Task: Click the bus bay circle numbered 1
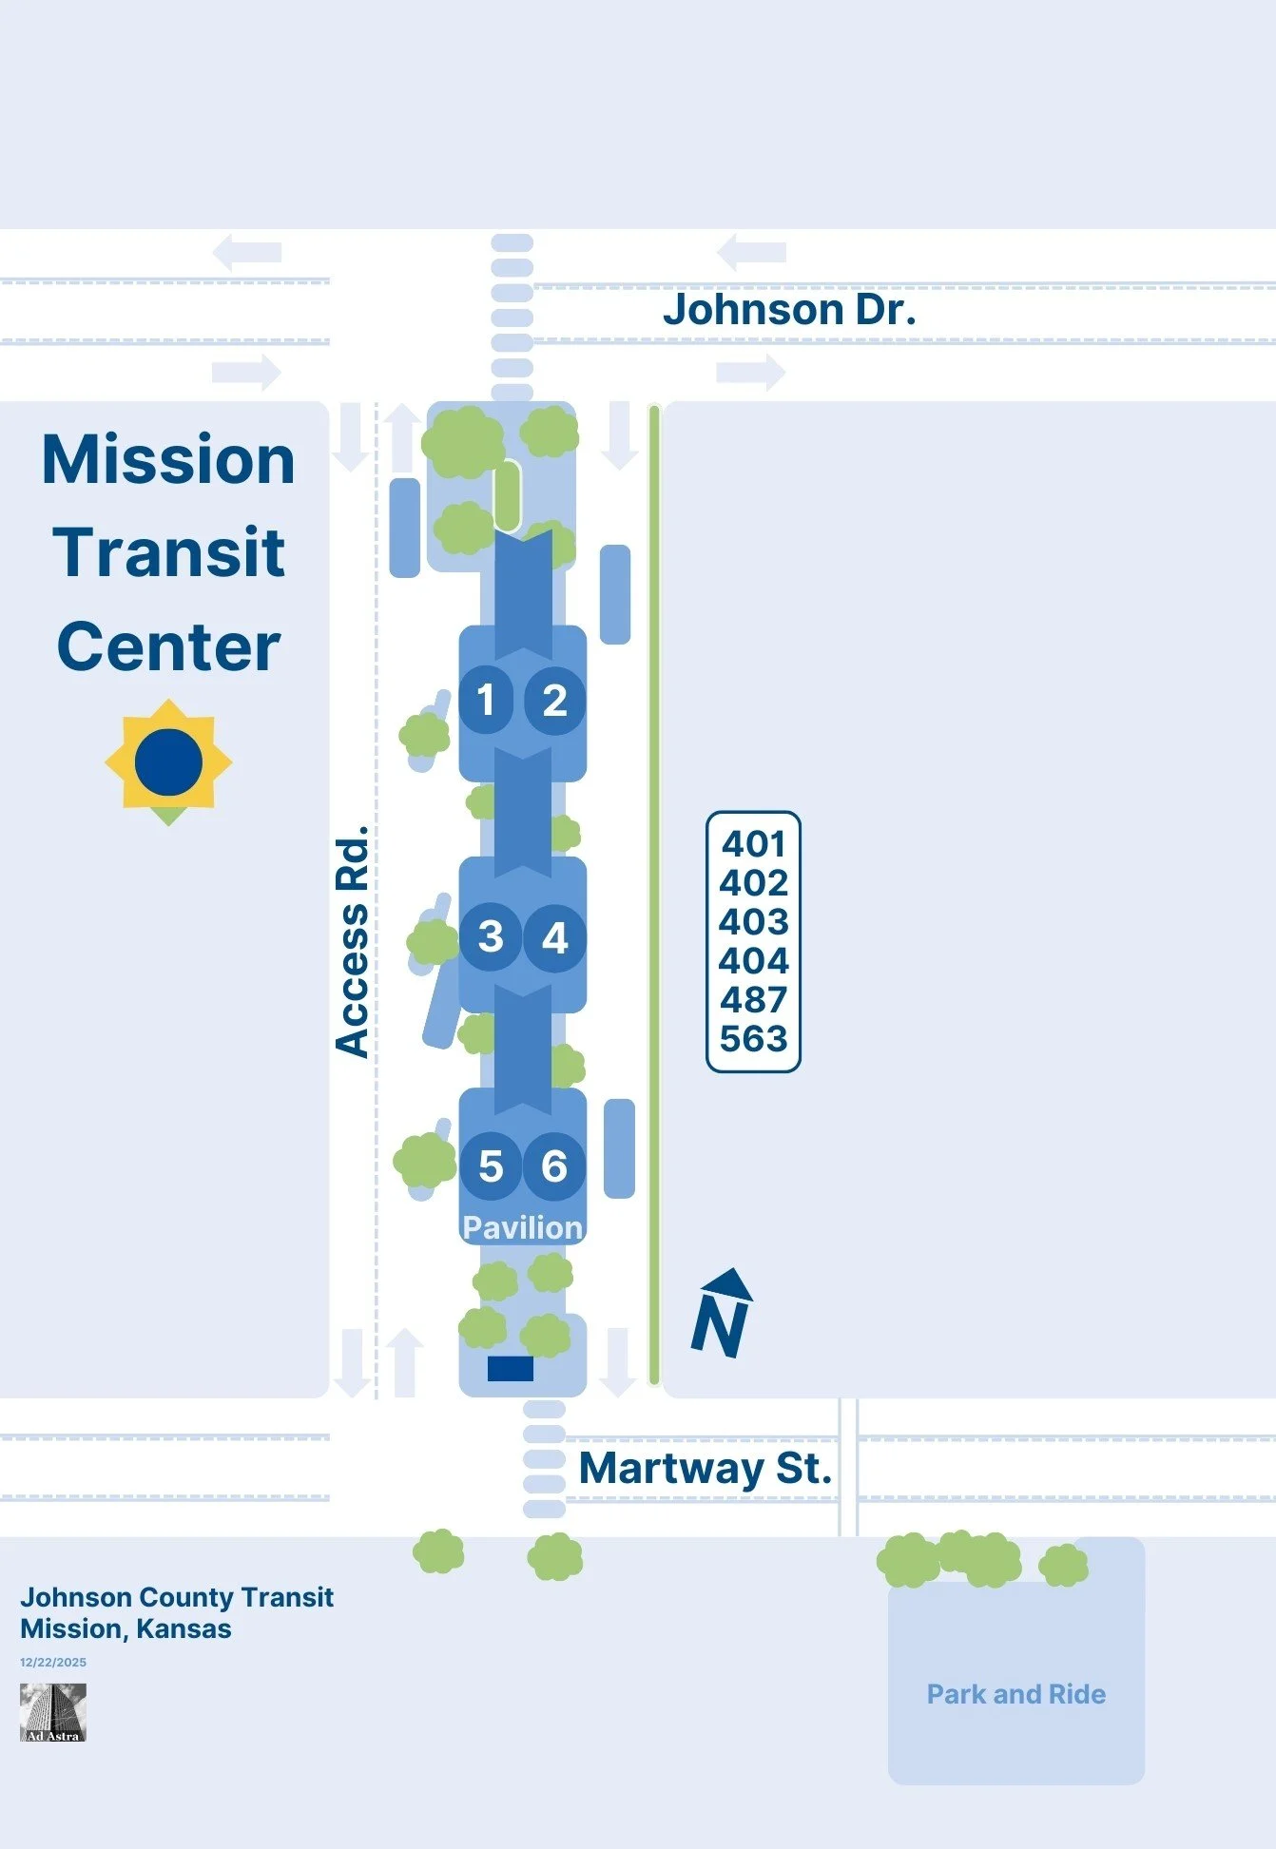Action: (486, 701)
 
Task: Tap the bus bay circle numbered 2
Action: (554, 701)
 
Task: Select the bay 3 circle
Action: (490, 937)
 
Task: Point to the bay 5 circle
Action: (491, 1166)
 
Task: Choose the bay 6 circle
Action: (554, 1166)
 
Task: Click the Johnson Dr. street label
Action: (789, 310)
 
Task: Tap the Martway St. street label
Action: (705, 1469)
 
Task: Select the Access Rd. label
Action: (352, 941)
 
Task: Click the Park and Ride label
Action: (1015, 1694)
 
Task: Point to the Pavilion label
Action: (522, 1227)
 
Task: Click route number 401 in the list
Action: (753, 843)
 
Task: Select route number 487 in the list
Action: (753, 1000)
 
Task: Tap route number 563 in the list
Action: (753, 1039)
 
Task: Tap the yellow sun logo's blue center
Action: (168, 762)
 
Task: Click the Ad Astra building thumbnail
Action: (53, 1712)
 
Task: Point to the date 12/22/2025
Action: (53, 1662)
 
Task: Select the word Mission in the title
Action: (168, 460)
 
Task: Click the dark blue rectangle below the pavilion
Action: (511, 1368)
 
